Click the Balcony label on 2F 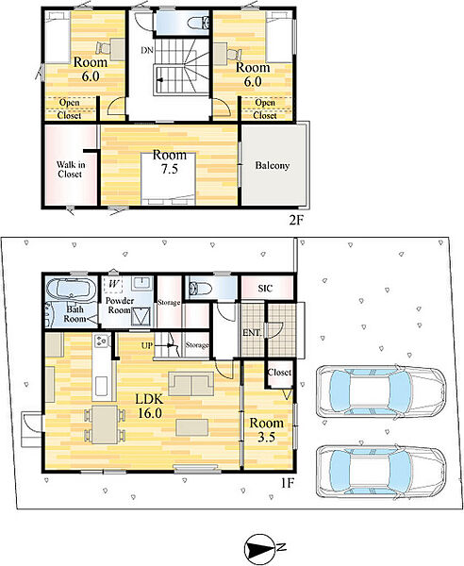[272, 166]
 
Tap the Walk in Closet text [71, 169]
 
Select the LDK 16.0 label [150, 406]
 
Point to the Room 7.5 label [170, 161]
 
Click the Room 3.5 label [266, 430]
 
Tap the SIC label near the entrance [265, 289]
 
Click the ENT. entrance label [252, 333]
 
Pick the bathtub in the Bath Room [71, 289]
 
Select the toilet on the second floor [198, 23]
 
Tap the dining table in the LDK [105, 424]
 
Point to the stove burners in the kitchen [102, 341]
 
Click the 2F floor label [295, 220]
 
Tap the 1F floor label [287, 483]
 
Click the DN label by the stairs [147, 50]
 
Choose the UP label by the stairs [147, 346]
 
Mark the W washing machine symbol [113, 284]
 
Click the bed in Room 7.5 [169, 179]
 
